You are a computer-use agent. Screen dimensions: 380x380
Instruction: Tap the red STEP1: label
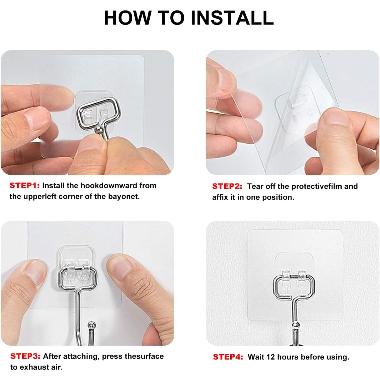pos(25,186)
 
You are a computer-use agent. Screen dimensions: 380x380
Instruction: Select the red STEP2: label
pos(227,186)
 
